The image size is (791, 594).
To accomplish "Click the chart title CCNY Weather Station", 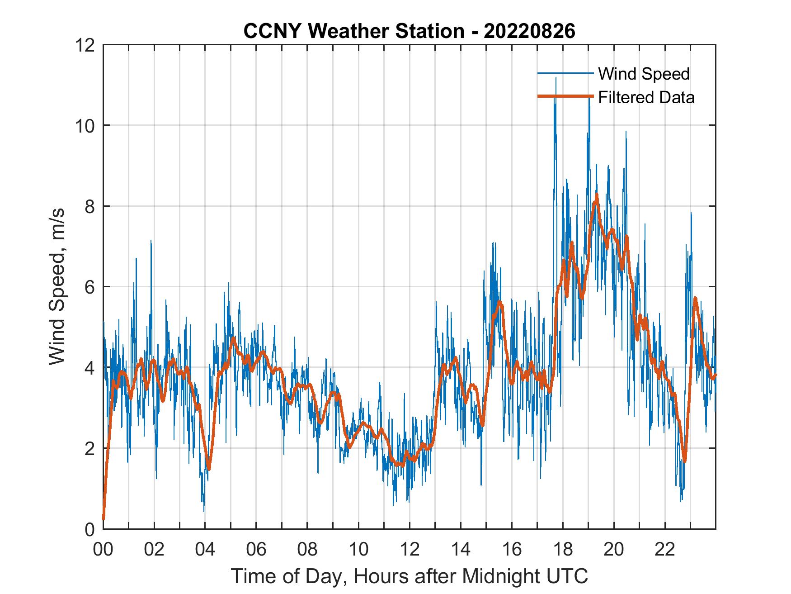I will (353, 31).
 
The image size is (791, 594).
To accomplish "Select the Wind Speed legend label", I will (644, 74).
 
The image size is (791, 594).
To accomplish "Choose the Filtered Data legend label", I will (646, 97).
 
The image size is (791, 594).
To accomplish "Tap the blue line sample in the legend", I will (565, 73).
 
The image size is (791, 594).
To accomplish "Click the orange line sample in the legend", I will (565, 96).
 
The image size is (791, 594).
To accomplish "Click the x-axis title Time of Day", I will (409, 576).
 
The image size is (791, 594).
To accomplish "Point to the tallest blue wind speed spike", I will (556, 79).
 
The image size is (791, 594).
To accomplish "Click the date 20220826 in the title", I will (529, 31).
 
